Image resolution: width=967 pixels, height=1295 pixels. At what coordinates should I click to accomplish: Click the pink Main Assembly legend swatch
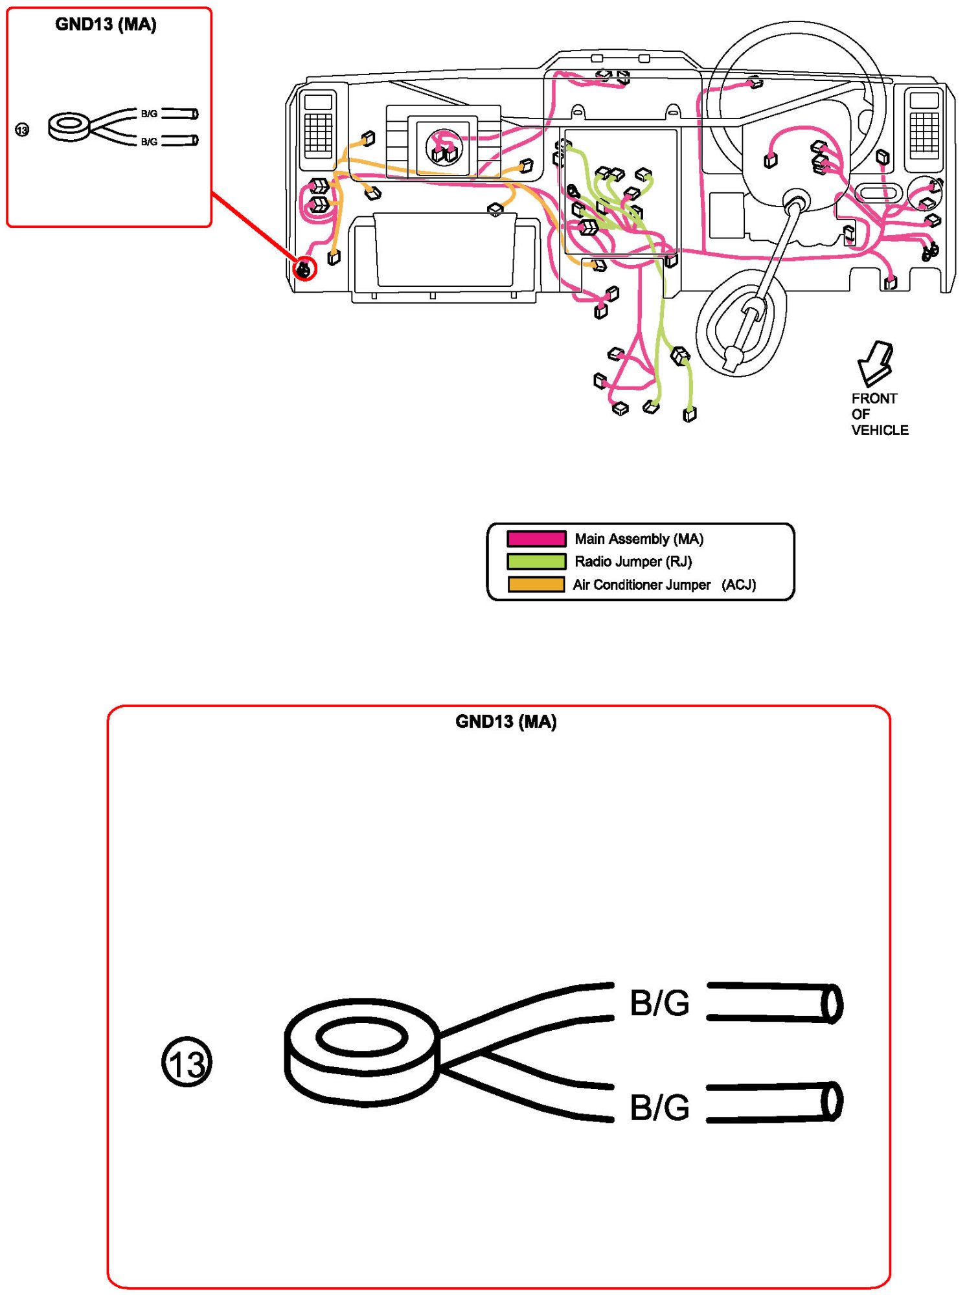[536, 539]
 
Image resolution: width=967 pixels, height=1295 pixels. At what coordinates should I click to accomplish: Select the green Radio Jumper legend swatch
[536, 561]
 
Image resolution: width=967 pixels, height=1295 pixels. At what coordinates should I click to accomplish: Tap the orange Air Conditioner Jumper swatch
[536, 585]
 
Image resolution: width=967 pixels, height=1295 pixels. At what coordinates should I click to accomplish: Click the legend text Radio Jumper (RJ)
[633, 561]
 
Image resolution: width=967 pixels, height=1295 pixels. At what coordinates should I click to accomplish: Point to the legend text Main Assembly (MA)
[639, 539]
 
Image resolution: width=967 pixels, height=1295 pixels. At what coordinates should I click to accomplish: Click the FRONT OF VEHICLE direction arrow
[875, 363]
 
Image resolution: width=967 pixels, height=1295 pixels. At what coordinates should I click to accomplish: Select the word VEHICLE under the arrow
[880, 430]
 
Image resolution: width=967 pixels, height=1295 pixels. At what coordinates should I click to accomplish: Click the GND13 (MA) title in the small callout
[106, 25]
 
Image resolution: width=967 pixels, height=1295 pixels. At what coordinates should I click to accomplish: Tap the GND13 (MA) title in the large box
[506, 721]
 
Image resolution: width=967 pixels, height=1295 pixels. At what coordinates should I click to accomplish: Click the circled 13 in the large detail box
[187, 1062]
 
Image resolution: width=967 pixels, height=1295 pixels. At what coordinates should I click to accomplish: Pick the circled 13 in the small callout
[22, 130]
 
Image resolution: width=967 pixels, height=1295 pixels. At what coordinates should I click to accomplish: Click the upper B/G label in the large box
[659, 1003]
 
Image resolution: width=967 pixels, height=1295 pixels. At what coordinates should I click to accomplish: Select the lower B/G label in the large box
[659, 1107]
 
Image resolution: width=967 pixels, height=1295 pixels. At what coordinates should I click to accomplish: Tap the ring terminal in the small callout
[69, 127]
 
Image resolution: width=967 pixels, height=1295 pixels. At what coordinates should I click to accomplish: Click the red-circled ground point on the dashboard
[304, 267]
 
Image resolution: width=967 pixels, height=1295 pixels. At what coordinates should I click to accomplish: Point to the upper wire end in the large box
[775, 1003]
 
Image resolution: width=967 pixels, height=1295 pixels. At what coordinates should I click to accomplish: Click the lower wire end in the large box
[775, 1102]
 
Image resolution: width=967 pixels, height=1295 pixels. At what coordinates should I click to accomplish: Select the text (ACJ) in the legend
[738, 585]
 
